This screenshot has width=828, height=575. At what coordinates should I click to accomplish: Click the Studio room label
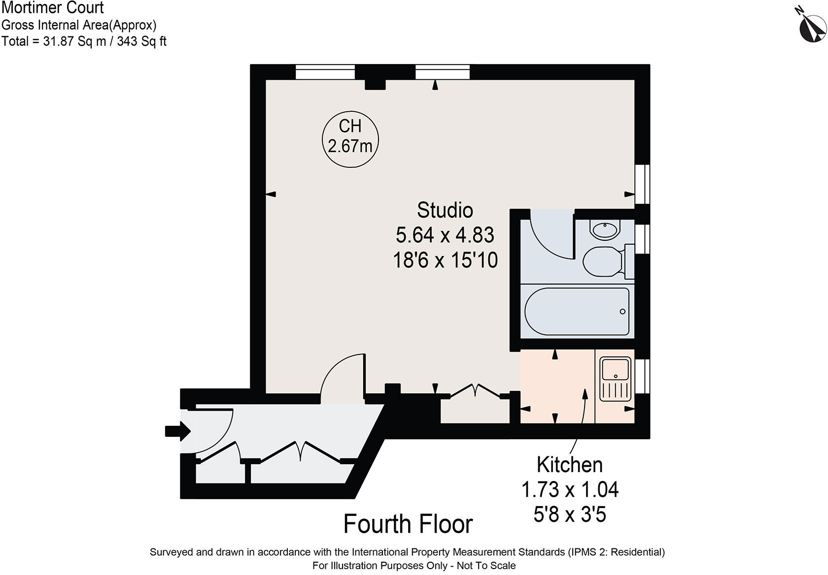pos(445,210)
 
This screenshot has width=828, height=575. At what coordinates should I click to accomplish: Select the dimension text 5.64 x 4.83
pos(445,235)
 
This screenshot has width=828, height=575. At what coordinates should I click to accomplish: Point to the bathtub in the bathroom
pos(577,311)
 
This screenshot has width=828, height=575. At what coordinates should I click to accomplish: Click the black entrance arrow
pos(177,432)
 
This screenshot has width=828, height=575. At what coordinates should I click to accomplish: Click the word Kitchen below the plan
pos(569,465)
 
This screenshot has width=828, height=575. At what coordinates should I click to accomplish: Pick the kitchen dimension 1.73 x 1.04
pos(569,490)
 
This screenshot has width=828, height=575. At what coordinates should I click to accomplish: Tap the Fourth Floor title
pos(408,524)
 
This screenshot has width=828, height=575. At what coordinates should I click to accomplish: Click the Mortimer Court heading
pos(52,8)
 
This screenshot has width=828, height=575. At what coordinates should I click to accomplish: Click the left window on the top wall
pos(325,72)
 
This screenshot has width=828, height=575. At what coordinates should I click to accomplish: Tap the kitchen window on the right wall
pos(642,376)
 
